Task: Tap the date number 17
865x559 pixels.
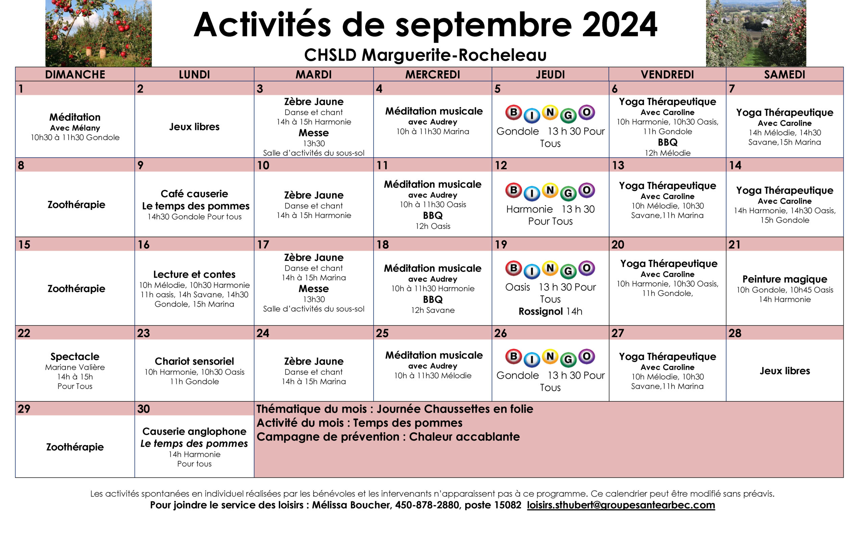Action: click(263, 245)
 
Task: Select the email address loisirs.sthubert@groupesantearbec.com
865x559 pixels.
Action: click(620, 505)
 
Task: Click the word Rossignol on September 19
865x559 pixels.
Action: click(541, 312)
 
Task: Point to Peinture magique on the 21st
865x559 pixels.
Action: click(784, 279)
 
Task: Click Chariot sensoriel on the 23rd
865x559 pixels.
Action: click(194, 361)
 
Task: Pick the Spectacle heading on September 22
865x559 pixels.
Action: click(75, 356)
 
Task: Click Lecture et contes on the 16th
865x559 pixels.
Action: click(194, 274)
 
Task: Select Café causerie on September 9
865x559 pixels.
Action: click(194, 194)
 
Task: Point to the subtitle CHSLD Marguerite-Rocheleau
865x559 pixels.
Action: click(425, 55)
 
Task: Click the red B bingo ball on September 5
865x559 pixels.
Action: click(513, 112)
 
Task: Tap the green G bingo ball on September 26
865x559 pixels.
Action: click(568, 360)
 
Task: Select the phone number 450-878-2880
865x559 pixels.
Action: click(427, 505)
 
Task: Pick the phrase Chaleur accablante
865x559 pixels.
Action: click(464, 437)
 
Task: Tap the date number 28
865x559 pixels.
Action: click(735, 333)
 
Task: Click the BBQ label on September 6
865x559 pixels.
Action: click(667, 142)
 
